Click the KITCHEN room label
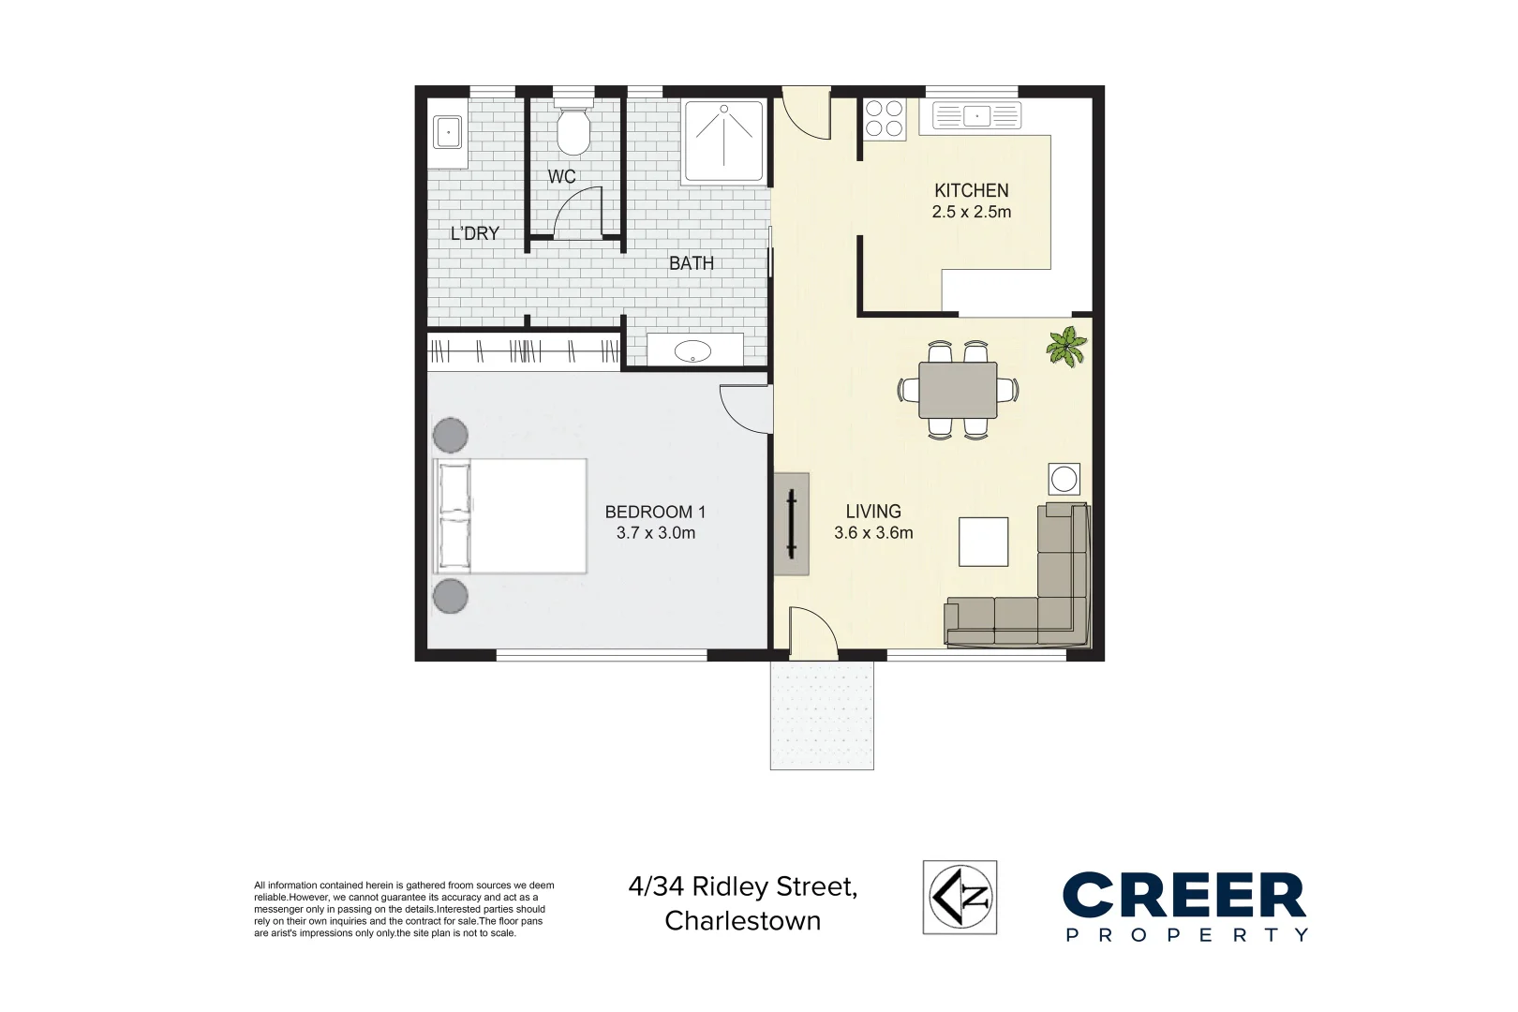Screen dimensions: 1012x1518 pos(971,190)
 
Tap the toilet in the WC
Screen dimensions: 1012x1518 pos(572,131)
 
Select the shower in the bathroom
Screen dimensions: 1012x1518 pos(723,141)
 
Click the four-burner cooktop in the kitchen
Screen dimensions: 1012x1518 pos(884,119)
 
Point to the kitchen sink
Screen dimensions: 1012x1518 pos(976,116)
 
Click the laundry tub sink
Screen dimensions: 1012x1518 pos(448,133)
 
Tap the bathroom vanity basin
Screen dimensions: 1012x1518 pos(693,350)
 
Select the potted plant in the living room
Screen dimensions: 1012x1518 pos(1066,346)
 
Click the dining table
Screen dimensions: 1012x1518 pos(958,390)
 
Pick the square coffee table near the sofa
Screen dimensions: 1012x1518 pos(983,542)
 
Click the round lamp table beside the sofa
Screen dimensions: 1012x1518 pos(1064,479)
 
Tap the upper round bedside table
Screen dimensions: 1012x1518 pos(451,435)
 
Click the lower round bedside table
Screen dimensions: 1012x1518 pos(451,596)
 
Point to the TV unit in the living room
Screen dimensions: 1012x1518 pos(791,523)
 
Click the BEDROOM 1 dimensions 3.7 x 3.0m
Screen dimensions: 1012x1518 pos(655,533)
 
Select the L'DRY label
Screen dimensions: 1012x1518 pos(474,233)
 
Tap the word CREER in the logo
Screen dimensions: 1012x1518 pos(1183,896)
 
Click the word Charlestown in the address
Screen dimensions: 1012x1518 pos(742,921)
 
